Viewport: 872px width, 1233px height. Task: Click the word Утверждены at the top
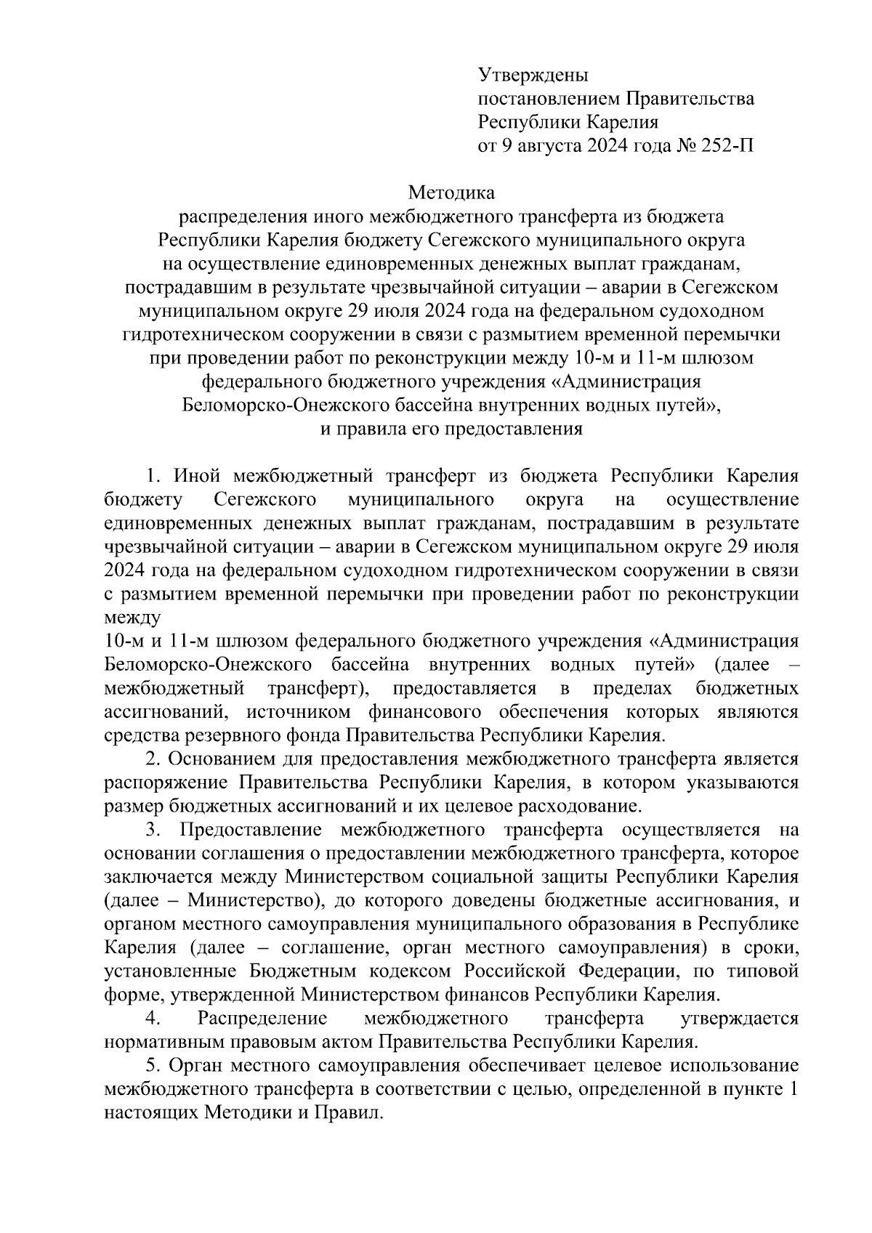(x=533, y=75)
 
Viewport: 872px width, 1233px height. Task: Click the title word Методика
(x=451, y=193)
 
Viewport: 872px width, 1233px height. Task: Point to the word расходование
(x=579, y=806)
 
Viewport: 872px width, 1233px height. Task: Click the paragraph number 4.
(x=153, y=1019)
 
